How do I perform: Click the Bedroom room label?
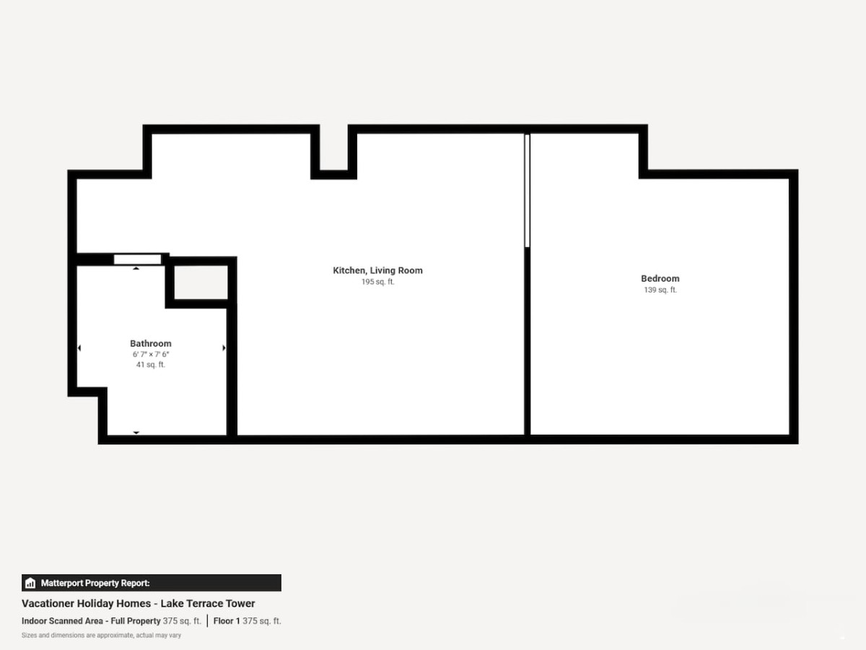click(x=660, y=279)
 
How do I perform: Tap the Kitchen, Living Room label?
click(x=377, y=271)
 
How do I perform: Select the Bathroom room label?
click(x=151, y=344)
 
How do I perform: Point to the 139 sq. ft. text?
click(x=660, y=290)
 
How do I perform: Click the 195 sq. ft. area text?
click(x=377, y=282)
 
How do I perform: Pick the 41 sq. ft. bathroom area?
click(x=151, y=365)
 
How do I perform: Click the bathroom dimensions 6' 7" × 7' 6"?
click(x=151, y=355)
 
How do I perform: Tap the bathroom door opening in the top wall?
click(x=137, y=259)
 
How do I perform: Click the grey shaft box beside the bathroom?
click(x=201, y=282)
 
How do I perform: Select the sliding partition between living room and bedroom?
click(x=527, y=191)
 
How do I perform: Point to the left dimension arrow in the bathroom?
click(x=79, y=347)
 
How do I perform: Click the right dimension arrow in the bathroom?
click(x=224, y=347)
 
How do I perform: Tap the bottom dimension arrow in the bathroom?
click(x=136, y=433)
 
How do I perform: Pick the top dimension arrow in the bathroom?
click(x=136, y=269)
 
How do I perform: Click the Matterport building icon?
click(x=30, y=583)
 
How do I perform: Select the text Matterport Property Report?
click(x=95, y=583)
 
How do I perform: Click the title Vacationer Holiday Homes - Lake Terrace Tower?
click(x=138, y=604)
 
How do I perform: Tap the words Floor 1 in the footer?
click(x=227, y=621)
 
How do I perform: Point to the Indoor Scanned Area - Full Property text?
click(x=91, y=621)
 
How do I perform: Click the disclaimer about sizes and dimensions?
click(x=102, y=636)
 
